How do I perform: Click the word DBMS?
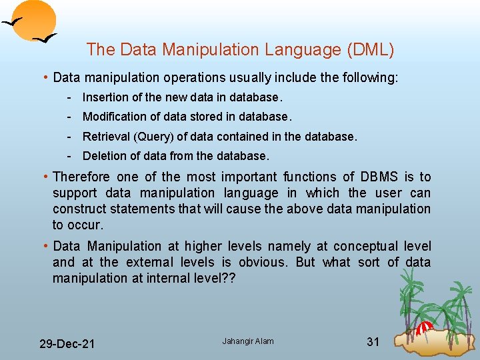click(379, 177)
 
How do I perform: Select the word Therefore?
click(81, 177)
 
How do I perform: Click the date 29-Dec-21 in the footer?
click(67, 344)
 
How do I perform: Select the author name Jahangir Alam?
click(247, 341)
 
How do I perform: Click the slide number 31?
click(373, 342)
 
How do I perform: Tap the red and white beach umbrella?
click(425, 327)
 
